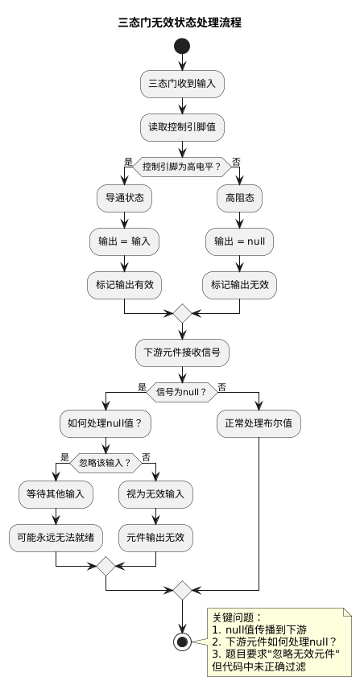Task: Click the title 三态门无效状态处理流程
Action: (x=180, y=23)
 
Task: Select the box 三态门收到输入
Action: (x=182, y=83)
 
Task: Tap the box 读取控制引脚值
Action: (x=182, y=126)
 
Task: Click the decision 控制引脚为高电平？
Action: (x=182, y=167)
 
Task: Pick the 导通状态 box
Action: (x=124, y=197)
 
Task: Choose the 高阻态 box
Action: (x=240, y=197)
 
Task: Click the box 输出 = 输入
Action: (x=124, y=240)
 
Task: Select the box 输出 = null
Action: (x=240, y=240)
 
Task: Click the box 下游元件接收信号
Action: (x=182, y=351)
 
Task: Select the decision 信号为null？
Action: (x=182, y=392)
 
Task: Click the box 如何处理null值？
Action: (x=106, y=423)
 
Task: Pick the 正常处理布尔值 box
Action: (x=259, y=423)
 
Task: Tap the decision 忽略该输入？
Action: (x=106, y=462)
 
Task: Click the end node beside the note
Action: (x=182, y=642)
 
